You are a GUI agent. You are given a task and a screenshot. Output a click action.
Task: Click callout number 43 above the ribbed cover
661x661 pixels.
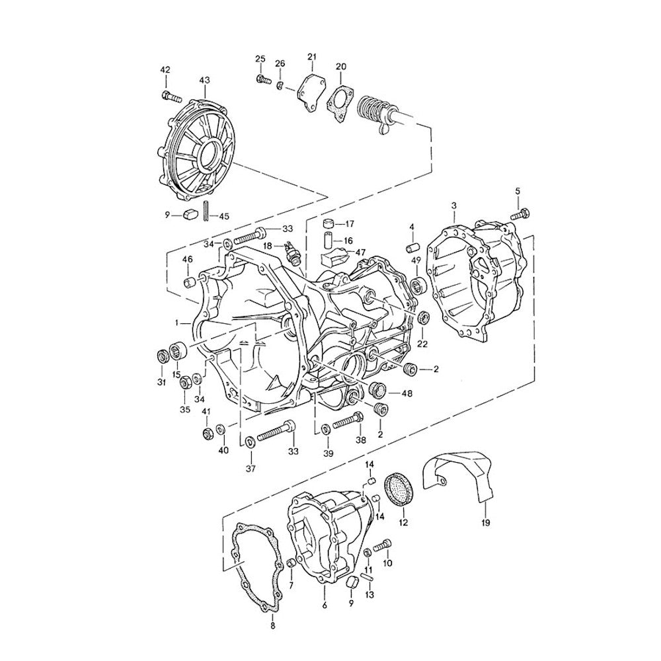click(204, 81)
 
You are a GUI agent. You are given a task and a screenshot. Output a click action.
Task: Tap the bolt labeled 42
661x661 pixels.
click(170, 97)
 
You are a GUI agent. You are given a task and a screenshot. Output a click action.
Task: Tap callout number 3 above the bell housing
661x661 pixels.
click(453, 206)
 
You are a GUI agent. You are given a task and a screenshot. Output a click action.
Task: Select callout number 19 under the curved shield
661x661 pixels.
click(485, 524)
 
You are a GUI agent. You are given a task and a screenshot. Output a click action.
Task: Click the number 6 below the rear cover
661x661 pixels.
click(324, 605)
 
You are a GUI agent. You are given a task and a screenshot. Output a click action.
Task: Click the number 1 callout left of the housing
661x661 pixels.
click(178, 323)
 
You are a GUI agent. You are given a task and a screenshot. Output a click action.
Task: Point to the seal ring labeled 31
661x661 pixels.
click(162, 357)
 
